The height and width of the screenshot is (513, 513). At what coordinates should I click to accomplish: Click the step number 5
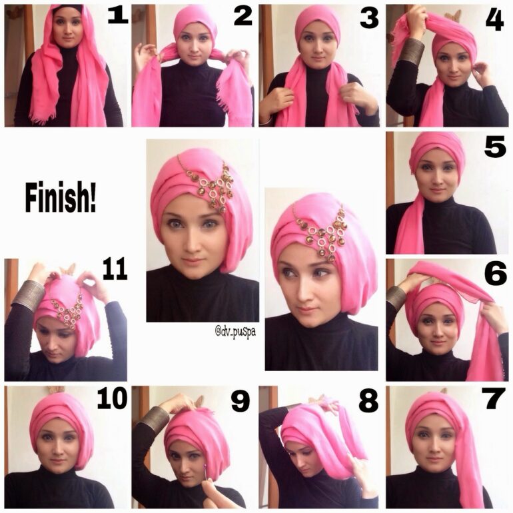tap(494, 147)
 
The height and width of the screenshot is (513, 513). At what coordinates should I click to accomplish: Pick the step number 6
tap(495, 274)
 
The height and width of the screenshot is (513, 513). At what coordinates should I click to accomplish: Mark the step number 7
tap(494, 400)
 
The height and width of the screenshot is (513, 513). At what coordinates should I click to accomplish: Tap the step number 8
tap(368, 400)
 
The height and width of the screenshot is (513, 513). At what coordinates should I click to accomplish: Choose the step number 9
tap(240, 401)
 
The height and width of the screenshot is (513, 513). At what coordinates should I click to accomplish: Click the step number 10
tap(112, 399)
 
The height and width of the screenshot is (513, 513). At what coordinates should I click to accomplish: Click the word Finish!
tap(61, 199)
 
